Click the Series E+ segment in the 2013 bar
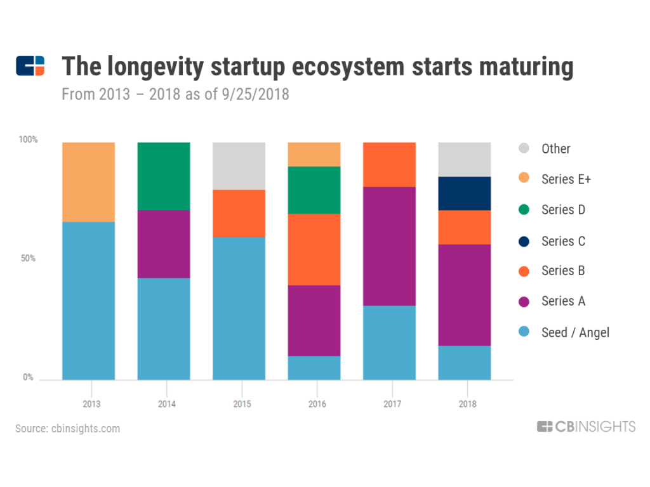88,182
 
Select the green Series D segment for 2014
164,176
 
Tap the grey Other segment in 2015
239,166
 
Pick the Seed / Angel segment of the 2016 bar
314,368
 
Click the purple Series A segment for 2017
389,246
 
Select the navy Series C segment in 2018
465,193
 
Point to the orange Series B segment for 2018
465,227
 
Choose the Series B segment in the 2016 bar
314,249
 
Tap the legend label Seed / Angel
575,332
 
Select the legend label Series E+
566,179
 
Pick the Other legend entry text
556,149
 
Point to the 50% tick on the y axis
29,259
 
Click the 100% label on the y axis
27,140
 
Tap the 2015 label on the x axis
239,404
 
